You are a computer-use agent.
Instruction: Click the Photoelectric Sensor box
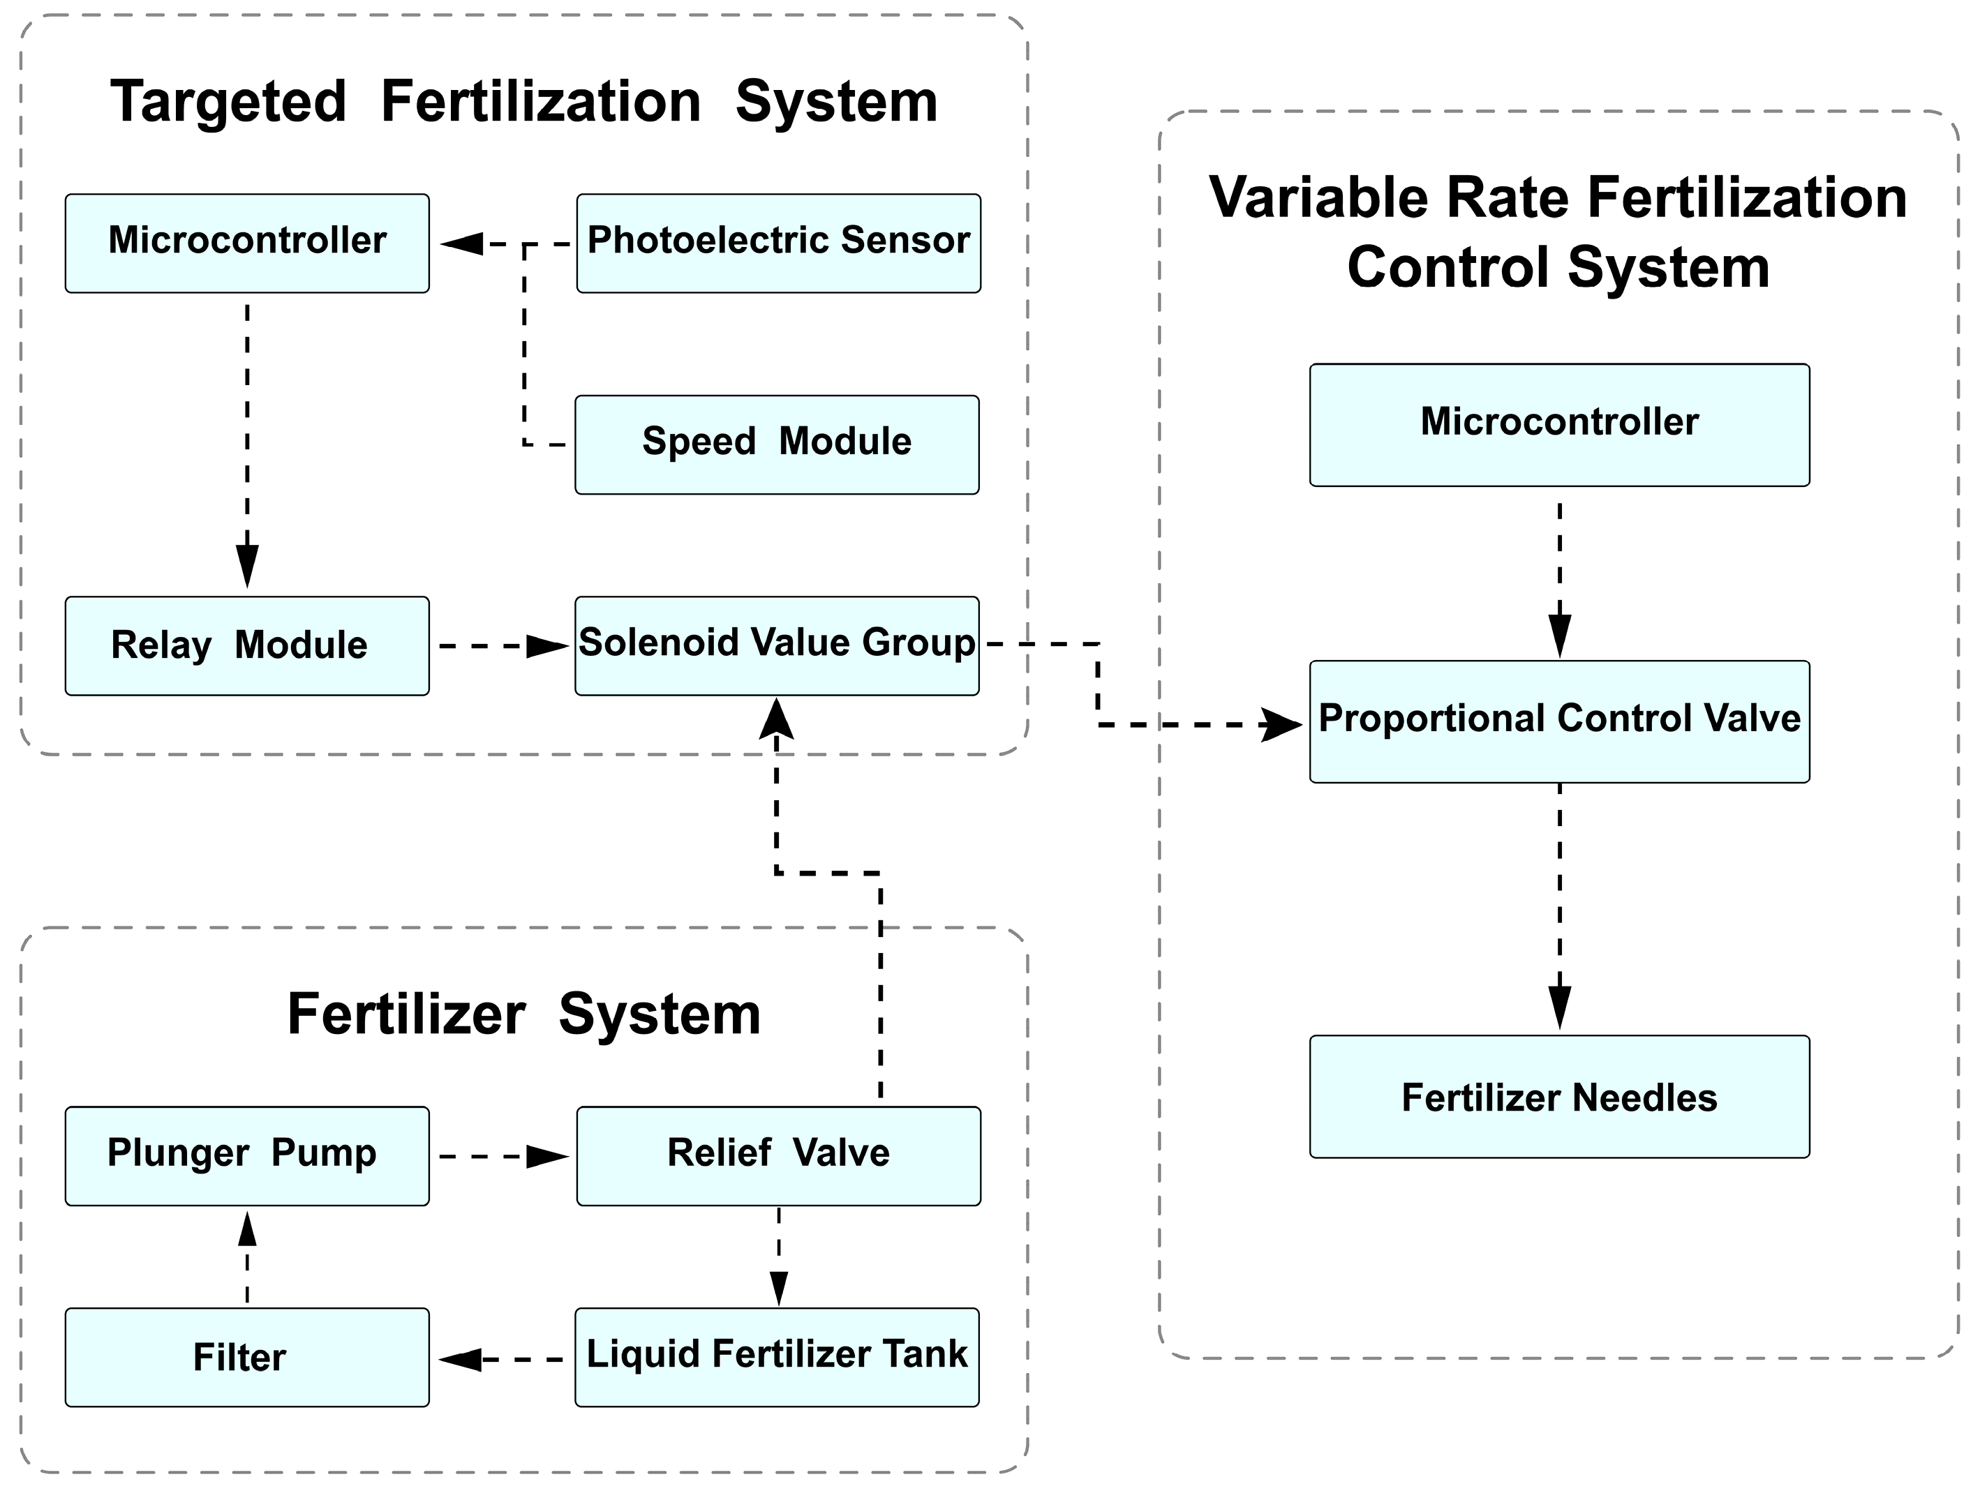(x=778, y=243)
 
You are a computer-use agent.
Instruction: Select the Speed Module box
(x=776, y=444)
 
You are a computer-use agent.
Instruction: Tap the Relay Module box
(x=246, y=645)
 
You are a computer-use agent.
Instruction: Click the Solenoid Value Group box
(x=776, y=645)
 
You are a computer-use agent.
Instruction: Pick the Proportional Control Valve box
(x=1558, y=721)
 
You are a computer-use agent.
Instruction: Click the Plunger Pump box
(x=246, y=1155)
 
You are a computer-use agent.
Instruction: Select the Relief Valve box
(x=778, y=1155)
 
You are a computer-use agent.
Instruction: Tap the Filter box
(x=246, y=1357)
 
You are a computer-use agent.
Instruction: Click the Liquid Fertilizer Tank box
(x=776, y=1357)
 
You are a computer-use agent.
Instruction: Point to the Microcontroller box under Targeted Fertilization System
(x=246, y=243)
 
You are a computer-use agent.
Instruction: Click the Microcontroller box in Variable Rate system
(x=1558, y=424)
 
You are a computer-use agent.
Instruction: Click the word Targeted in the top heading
(x=228, y=101)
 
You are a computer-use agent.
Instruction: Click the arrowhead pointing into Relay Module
(x=247, y=566)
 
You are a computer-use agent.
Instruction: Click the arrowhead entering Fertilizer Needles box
(x=1559, y=1007)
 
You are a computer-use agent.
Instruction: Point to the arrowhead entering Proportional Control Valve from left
(x=1281, y=724)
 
